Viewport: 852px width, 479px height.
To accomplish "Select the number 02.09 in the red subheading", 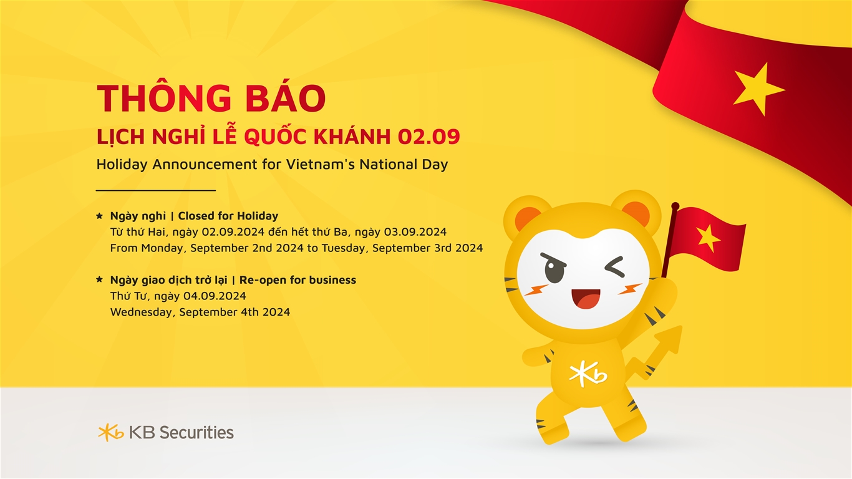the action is (429, 137).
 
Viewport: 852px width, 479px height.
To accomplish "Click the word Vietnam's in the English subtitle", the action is (321, 164).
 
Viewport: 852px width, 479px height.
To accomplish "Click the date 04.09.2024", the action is (215, 296).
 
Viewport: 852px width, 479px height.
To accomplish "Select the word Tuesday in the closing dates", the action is (346, 248).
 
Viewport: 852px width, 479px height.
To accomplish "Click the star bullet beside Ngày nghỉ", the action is (99, 216).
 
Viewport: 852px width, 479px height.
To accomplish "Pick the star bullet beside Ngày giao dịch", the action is (99, 279).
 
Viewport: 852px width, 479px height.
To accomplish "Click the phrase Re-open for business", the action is (298, 280).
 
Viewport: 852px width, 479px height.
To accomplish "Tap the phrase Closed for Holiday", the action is (228, 216).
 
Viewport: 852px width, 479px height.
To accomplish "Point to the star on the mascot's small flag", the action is (707, 238).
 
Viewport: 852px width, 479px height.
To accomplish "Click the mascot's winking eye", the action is (614, 266).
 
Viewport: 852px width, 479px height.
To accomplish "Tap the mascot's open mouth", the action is (586, 299).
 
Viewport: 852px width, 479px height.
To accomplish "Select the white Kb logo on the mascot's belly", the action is (588, 374).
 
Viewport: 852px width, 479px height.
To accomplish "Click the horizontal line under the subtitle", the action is (156, 190).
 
